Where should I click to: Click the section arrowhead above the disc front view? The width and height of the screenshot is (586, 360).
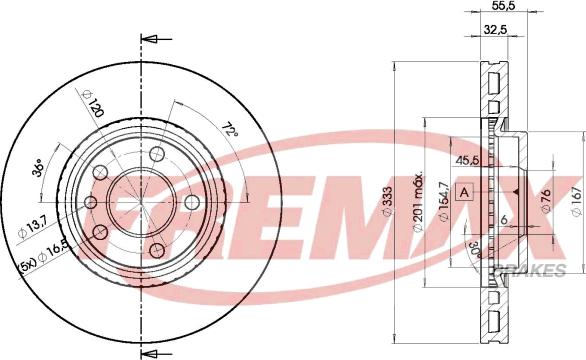pos(148,41)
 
